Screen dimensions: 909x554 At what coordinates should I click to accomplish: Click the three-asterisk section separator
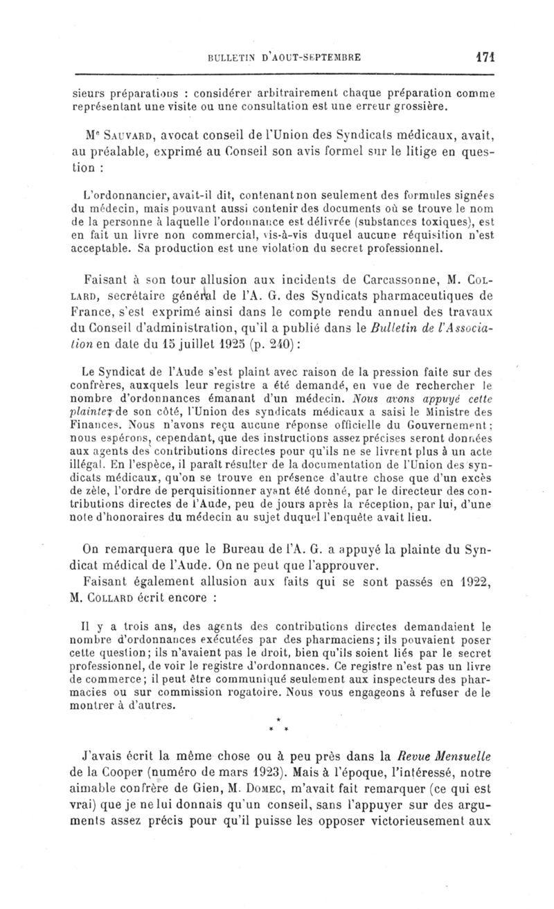click(277, 726)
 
